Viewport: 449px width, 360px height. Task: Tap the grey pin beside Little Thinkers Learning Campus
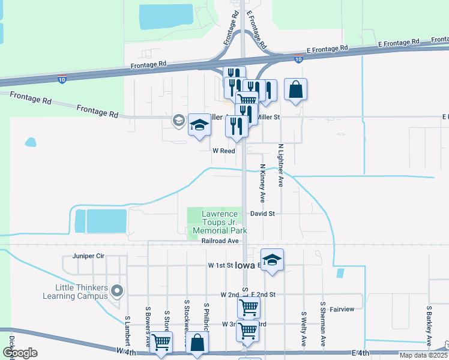117,292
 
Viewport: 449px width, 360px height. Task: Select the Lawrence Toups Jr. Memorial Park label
220,222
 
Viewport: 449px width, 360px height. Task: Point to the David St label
262,214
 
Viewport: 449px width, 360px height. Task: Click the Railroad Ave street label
220,241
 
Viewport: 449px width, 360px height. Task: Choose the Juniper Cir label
88,256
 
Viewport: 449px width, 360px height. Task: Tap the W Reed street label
223,151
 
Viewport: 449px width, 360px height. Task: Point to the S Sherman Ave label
323,329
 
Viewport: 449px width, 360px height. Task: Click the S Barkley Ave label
429,326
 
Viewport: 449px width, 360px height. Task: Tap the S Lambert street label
127,331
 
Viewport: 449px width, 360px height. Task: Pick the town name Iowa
245,265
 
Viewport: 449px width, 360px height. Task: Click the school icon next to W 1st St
272,259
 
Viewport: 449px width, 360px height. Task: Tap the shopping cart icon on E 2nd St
249,308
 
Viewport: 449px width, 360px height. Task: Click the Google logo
20,353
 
